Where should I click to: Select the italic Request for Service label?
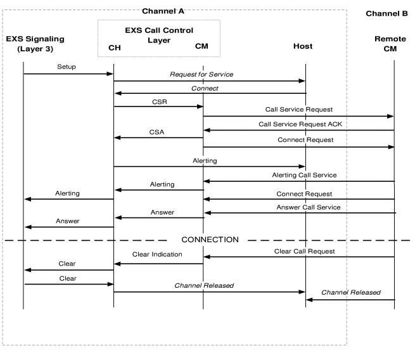coord(201,74)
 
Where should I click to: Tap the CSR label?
coord(159,101)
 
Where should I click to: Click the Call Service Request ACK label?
coord(300,124)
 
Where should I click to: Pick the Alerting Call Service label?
coord(304,175)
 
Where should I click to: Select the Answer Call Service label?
coord(308,207)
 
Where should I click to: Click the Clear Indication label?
coord(157,254)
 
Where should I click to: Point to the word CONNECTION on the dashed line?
coord(210,240)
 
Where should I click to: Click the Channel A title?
coord(163,11)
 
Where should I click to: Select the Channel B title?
coord(386,13)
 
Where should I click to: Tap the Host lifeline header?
coord(303,46)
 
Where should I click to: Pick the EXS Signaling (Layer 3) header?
coord(35,42)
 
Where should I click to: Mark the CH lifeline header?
coord(114,48)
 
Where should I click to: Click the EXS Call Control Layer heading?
coord(159,34)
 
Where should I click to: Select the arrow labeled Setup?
coord(68,74)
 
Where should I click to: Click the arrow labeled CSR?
coord(158,106)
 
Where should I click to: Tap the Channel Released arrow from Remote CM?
coord(350,300)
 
